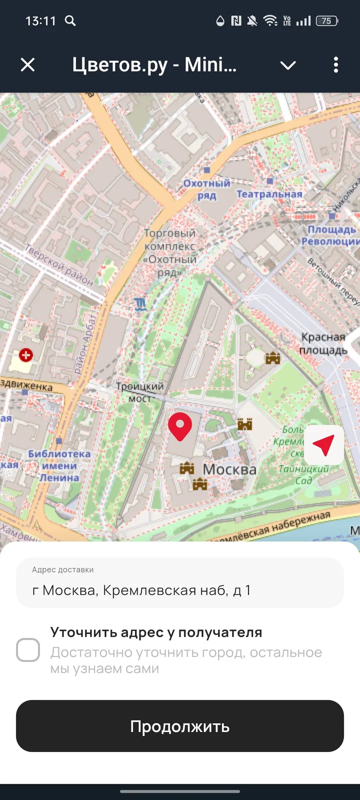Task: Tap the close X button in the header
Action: pos(28,64)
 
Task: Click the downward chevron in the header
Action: pos(288,65)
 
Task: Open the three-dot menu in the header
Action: pos(335,64)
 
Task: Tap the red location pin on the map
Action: pos(180,426)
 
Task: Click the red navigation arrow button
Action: pos(324,444)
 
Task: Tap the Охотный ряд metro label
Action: pos(206,189)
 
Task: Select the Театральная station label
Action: pos(269,194)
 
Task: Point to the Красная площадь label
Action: pos(323,343)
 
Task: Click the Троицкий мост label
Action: pos(139,392)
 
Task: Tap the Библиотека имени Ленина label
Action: pos(59,465)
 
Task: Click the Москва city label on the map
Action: pos(229,469)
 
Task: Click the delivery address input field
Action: pos(180,582)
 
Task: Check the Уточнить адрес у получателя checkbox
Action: pos(28,650)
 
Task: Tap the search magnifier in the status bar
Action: pos(70,21)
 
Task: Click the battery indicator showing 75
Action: pos(327,21)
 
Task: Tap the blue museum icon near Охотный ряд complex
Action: pos(140,303)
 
